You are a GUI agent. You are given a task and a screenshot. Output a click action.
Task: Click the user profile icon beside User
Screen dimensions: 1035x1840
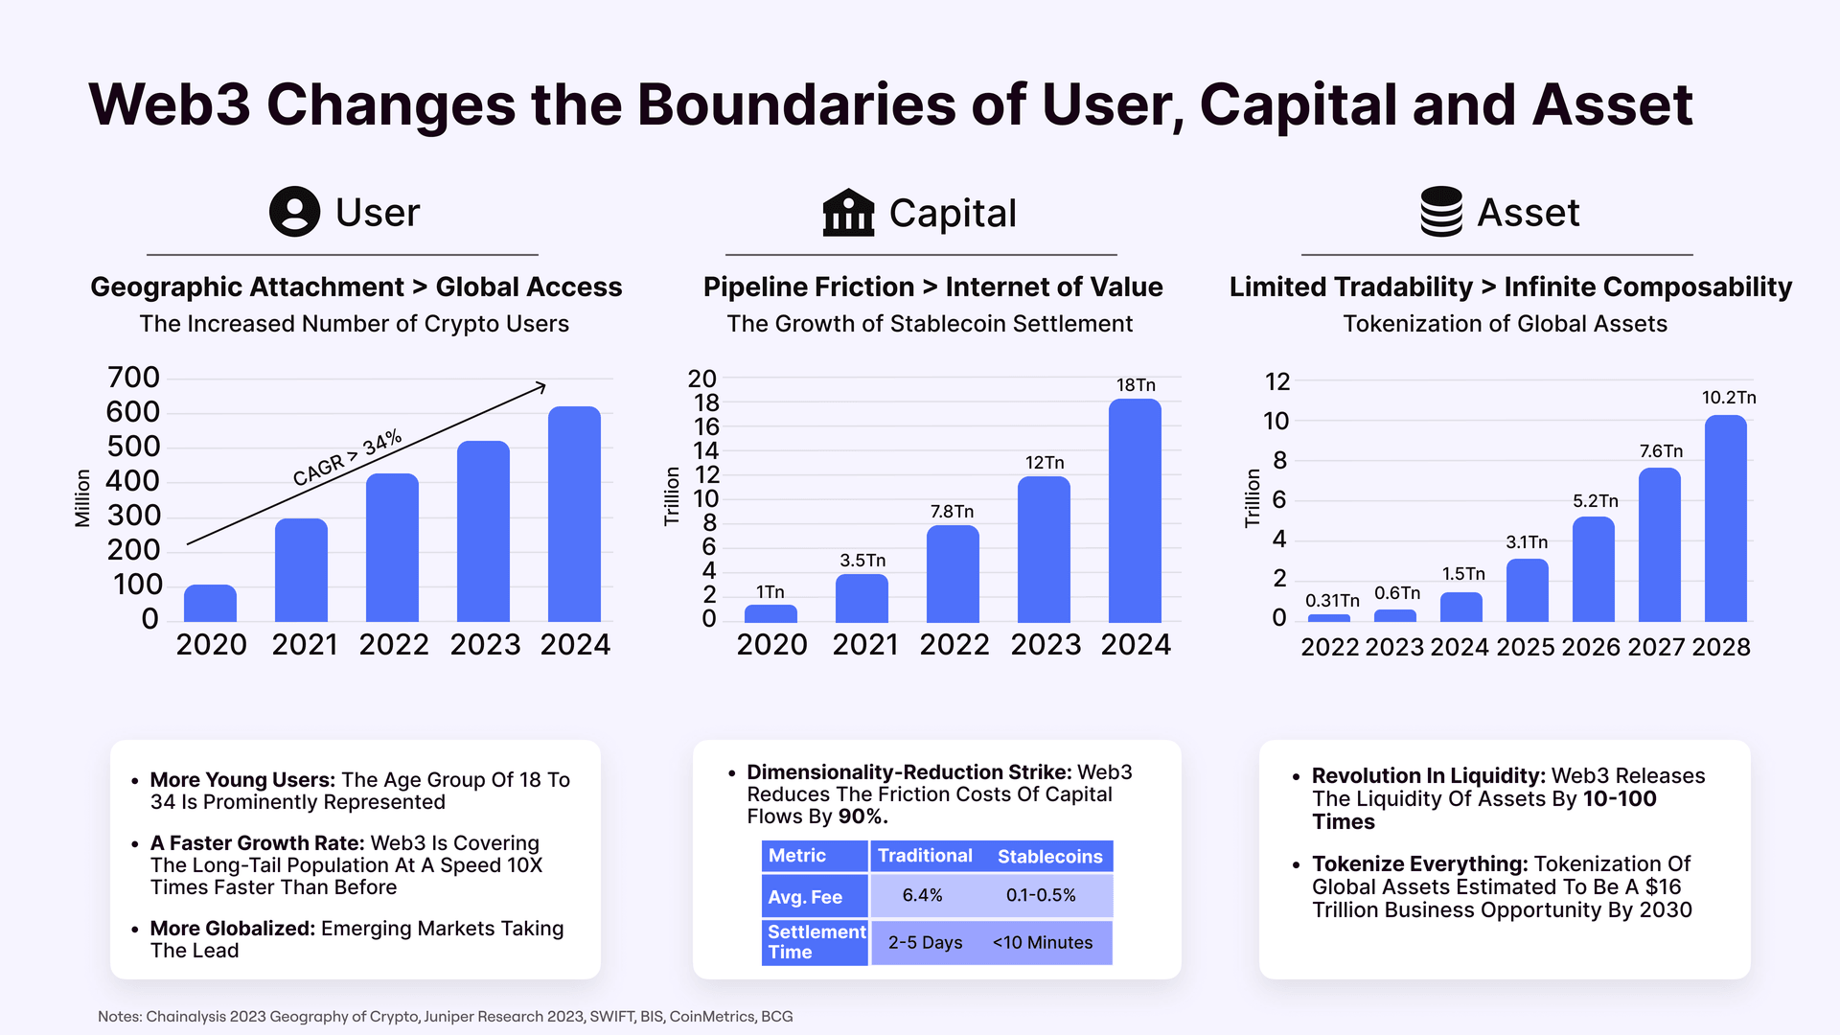click(294, 212)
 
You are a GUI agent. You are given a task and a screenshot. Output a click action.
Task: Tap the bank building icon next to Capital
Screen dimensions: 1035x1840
click(848, 213)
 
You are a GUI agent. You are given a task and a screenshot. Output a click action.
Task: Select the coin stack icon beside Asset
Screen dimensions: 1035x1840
click(1440, 212)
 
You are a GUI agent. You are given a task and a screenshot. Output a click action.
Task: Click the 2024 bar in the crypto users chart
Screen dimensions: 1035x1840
click(574, 514)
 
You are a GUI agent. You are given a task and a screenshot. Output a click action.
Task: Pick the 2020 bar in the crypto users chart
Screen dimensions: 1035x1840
click(210, 603)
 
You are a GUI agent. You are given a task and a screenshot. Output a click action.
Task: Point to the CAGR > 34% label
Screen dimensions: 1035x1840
click(347, 457)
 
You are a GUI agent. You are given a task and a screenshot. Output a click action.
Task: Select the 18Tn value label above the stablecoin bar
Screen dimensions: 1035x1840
click(1136, 385)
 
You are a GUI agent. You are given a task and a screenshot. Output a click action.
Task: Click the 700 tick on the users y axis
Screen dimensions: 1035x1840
click(133, 378)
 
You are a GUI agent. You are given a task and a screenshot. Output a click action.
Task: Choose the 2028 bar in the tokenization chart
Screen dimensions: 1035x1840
click(1725, 518)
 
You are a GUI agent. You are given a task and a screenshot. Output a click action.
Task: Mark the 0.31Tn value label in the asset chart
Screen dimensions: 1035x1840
click(1332, 601)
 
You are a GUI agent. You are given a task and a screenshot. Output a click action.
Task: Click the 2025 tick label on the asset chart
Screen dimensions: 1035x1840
click(1525, 648)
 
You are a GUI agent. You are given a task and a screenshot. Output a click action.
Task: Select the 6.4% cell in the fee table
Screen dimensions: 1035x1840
click(922, 896)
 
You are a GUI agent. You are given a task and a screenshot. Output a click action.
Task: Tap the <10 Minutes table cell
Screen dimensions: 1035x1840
click(1042, 943)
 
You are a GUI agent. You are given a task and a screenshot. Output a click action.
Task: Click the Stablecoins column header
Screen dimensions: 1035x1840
click(1049, 857)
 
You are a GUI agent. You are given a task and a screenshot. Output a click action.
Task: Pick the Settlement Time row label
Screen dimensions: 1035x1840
click(816, 942)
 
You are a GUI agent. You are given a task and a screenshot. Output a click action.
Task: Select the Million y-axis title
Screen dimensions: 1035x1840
click(83, 497)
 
